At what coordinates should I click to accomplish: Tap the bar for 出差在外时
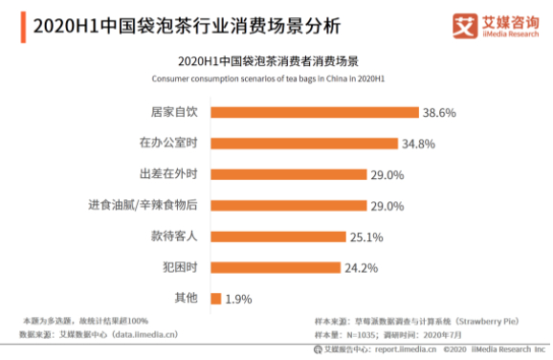coord(288,174)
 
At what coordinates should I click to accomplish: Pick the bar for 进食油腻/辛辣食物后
coord(288,205)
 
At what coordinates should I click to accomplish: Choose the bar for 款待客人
coord(277,236)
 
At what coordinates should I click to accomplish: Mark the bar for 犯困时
coord(276,267)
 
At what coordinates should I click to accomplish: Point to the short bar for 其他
coord(215,299)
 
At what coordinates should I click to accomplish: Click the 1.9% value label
coord(239,299)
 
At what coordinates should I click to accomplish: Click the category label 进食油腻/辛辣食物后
coord(144,205)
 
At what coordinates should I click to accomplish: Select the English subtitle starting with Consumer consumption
coord(276,78)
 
